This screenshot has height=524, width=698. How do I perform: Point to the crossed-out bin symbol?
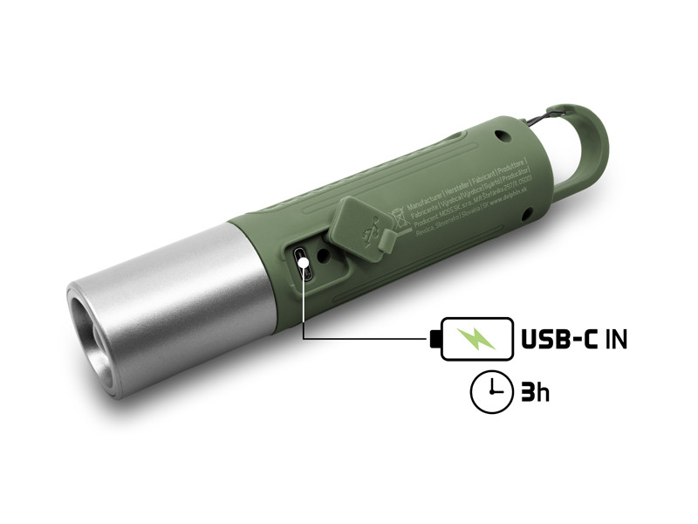pos(399,214)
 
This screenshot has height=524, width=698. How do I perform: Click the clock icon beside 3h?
pos(489,392)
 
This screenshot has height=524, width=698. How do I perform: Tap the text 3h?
pos(535,392)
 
